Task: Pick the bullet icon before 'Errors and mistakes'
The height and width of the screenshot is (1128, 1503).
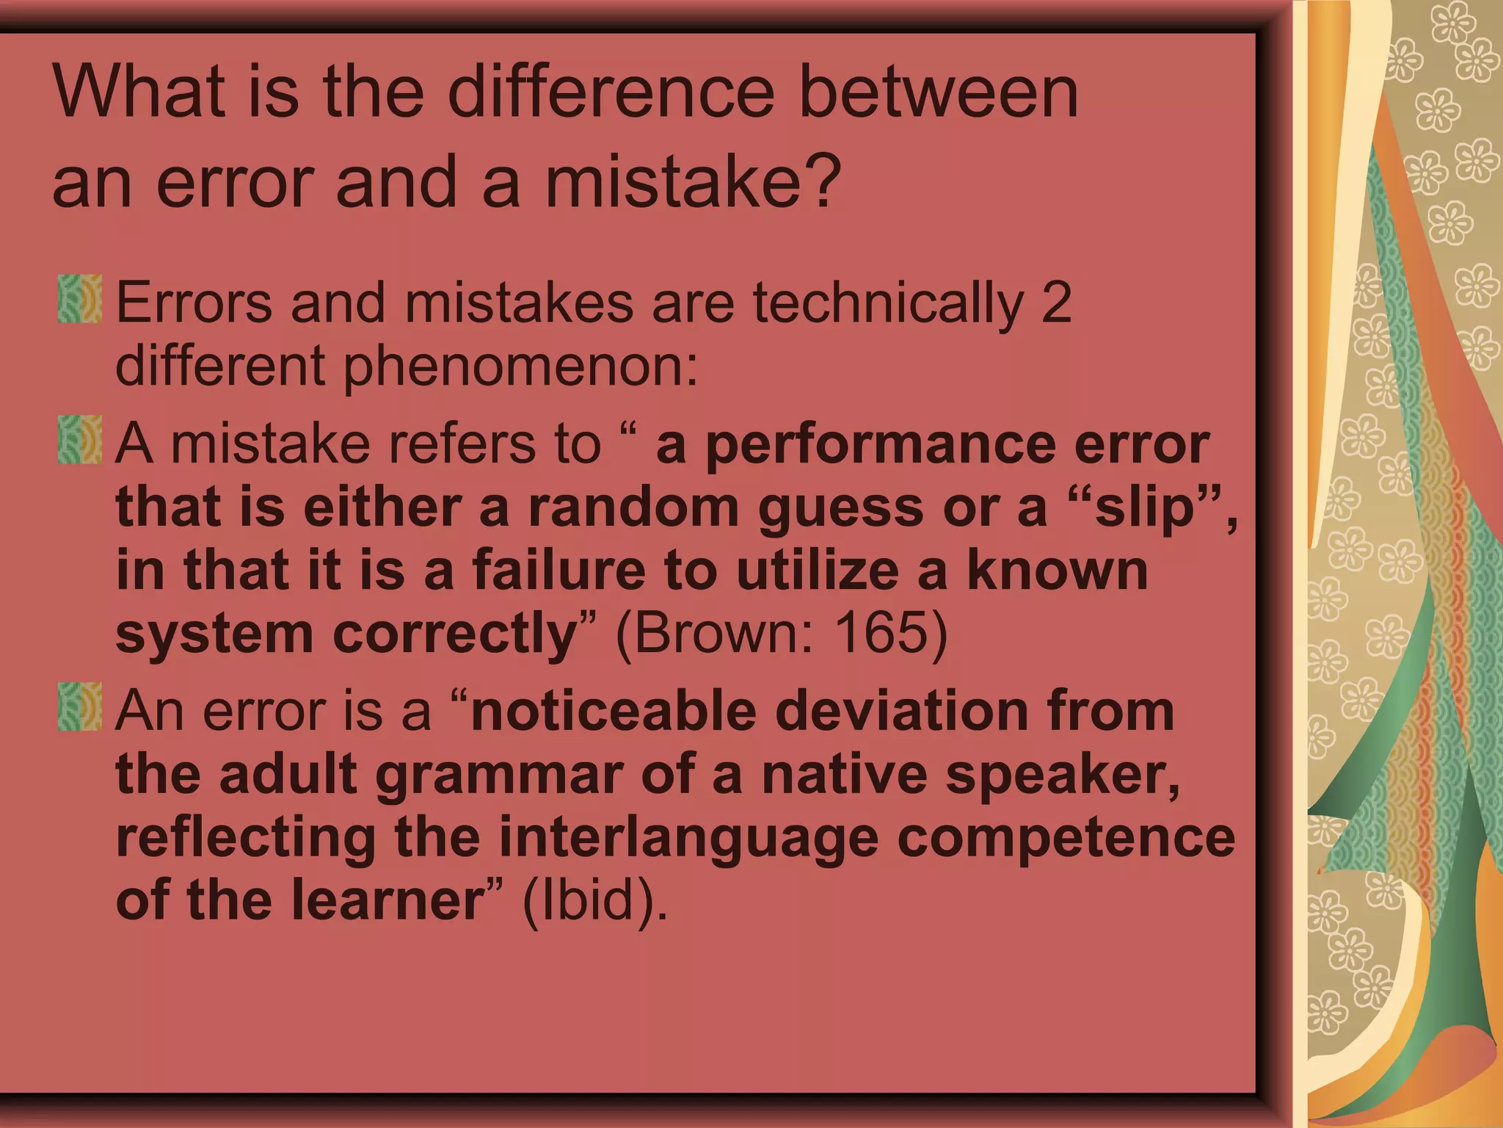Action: tap(79, 299)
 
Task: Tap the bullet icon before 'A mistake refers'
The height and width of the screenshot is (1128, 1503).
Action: tap(79, 440)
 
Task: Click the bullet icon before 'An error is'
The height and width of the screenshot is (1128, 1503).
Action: tap(79, 706)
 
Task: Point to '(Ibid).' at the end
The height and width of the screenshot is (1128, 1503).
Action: tap(595, 900)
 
